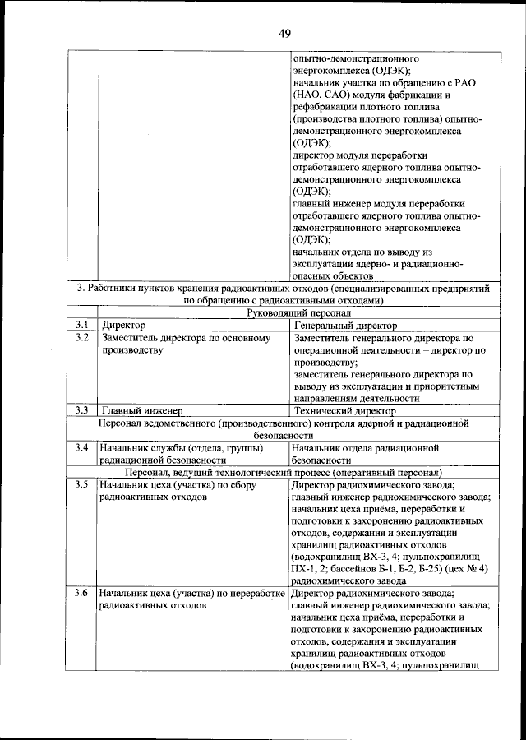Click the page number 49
[285, 33]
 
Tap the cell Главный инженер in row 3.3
[141, 410]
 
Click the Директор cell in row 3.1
[123, 326]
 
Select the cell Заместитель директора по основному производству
[182, 344]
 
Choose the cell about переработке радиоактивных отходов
[191, 599]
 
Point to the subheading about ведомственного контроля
[284, 429]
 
